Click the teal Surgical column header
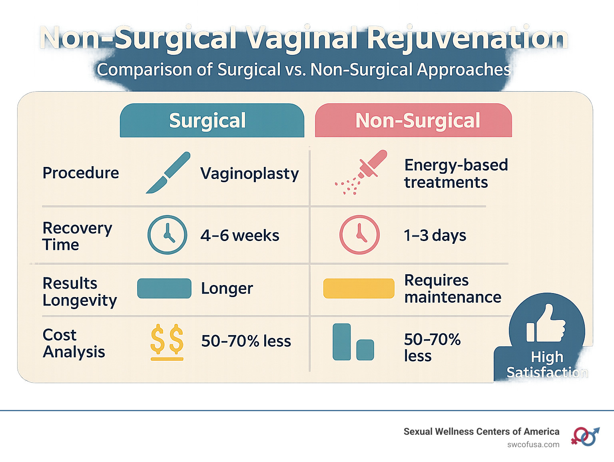click(212, 121)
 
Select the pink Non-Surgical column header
click(413, 121)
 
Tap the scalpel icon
click(168, 173)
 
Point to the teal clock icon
click(167, 235)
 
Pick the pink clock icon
click(359, 235)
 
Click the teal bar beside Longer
click(164, 289)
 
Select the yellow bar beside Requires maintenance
click(359, 289)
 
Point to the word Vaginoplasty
click(249, 174)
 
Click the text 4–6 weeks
click(240, 235)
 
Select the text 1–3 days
click(435, 235)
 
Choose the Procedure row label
click(81, 173)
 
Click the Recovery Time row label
click(77, 236)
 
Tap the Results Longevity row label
click(80, 291)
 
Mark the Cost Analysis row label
click(74, 343)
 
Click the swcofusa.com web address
click(533, 445)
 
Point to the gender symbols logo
click(585, 436)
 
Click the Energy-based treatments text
click(456, 174)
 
